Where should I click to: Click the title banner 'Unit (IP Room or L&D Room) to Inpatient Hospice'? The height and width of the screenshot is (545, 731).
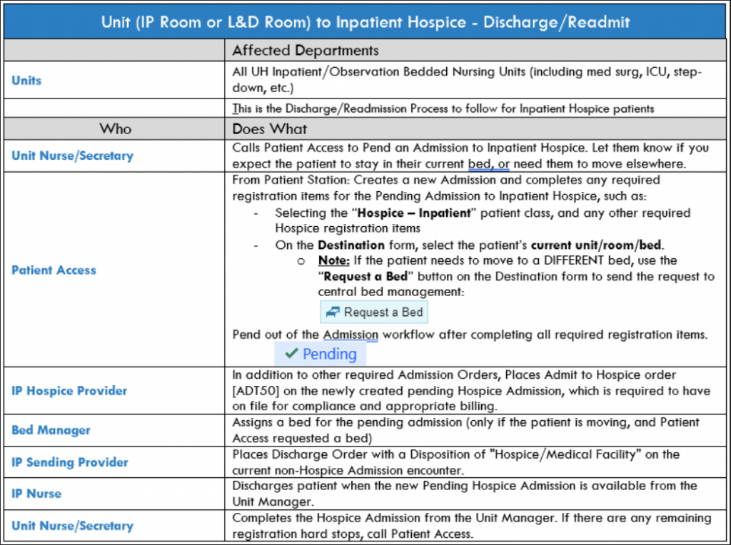(x=365, y=21)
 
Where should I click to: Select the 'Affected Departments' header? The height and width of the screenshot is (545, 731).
(x=306, y=51)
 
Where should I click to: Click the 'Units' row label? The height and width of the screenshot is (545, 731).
(x=26, y=81)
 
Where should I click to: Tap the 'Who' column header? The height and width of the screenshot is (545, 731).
(x=116, y=129)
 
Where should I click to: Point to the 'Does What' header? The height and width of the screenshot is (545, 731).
(x=270, y=129)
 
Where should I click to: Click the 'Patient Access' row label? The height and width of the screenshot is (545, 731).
(x=54, y=270)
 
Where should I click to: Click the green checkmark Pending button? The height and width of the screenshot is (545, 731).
(x=321, y=354)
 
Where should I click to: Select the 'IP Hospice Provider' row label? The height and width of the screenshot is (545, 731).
(x=69, y=391)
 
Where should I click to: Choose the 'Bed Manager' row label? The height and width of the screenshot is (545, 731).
(x=51, y=430)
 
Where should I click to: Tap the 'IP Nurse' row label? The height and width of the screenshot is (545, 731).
(x=36, y=494)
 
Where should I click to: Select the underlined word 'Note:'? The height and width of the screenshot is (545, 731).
(x=335, y=260)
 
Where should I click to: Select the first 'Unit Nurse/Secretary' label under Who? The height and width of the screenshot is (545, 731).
(x=72, y=156)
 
